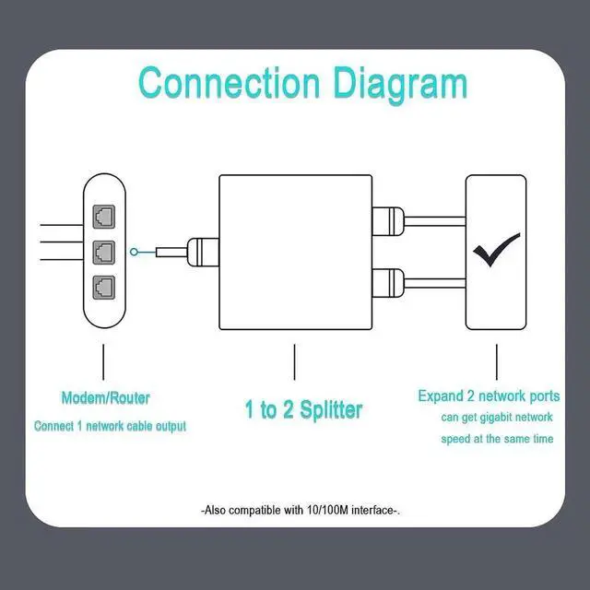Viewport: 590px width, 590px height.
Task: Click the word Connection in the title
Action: tap(229, 82)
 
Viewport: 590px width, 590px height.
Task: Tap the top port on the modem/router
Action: tap(103, 217)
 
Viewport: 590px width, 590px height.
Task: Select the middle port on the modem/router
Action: tap(103, 251)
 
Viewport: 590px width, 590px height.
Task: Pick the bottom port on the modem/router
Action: tap(103, 285)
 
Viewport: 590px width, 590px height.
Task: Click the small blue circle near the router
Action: tap(136, 251)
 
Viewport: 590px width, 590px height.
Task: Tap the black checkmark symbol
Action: tap(496, 250)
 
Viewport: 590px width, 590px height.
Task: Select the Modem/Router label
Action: tap(105, 399)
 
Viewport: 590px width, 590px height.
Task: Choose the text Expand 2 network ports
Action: tap(489, 396)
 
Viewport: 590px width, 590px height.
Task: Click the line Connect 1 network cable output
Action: tap(110, 427)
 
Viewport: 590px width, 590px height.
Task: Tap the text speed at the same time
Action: tap(496, 439)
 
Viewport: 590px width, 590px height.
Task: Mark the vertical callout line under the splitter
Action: tap(295, 362)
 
